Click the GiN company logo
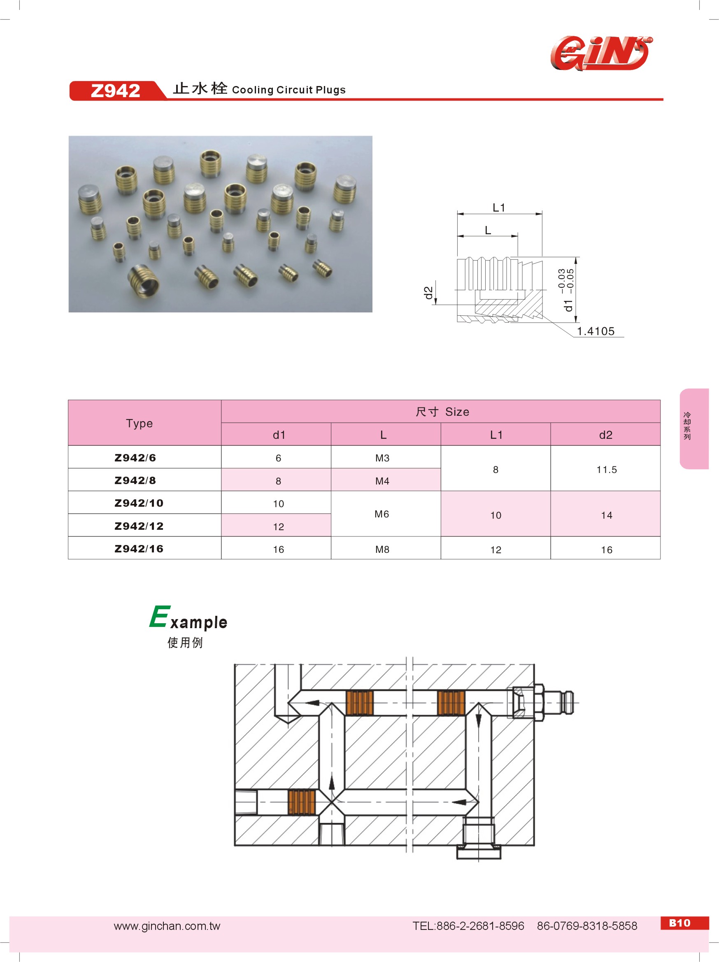tap(601, 54)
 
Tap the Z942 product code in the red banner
tap(115, 91)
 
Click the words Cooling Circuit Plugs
tap(289, 90)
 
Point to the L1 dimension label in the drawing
tap(498, 208)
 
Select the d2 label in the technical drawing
tap(428, 293)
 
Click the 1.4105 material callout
tap(596, 331)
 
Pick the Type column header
tap(139, 423)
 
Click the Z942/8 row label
tap(135, 480)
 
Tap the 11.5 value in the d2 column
tap(606, 470)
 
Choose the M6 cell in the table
tap(382, 514)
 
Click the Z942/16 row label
tap(139, 548)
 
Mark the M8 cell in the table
tap(382, 549)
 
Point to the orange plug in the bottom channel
tap(302, 802)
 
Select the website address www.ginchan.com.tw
tap(167, 926)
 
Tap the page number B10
tap(680, 923)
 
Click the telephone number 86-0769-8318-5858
tap(587, 926)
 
